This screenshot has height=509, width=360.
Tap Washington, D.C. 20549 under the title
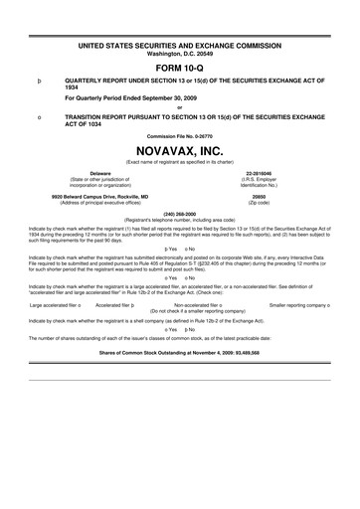tap(179, 27)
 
